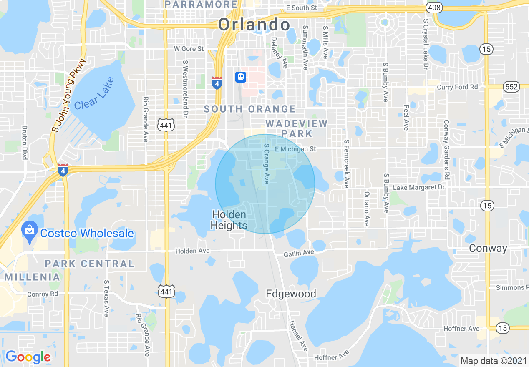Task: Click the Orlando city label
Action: pos(254,25)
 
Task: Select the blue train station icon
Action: pos(241,77)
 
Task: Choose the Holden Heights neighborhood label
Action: pos(229,220)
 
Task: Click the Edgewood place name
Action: pos(291,294)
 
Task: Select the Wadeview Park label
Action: pos(297,128)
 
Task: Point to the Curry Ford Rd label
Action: pos(457,87)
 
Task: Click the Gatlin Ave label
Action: pos(299,253)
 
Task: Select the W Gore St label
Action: pos(189,49)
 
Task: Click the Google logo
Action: pos(28,357)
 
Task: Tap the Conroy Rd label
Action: pos(43,294)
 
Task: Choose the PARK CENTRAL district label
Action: pos(90,264)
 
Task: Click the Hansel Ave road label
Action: pos(298,335)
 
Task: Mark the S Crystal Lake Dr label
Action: pos(426,44)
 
